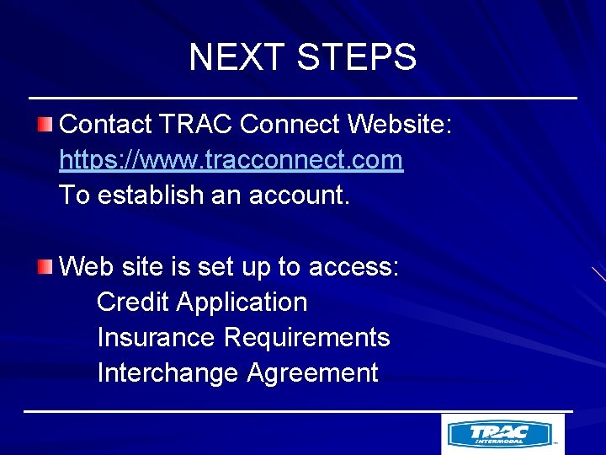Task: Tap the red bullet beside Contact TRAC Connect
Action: [45, 126]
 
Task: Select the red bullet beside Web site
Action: [45, 268]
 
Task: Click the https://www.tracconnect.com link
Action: [231, 160]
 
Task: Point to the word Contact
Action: [106, 125]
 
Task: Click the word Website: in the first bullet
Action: [401, 125]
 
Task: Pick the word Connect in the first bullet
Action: [290, 125]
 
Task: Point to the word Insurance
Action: [157, 337]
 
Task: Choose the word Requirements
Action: [307, 337]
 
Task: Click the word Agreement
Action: [312, 372]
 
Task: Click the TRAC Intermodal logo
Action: [502, 434]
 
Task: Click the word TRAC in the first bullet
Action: [195, 125]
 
